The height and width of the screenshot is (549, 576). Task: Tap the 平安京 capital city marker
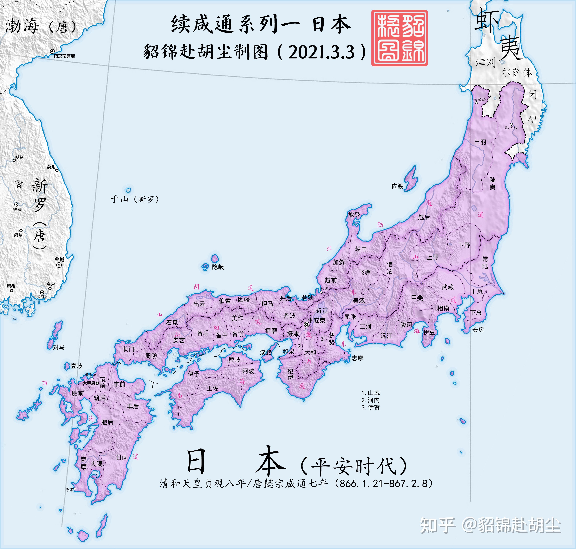[306, 324]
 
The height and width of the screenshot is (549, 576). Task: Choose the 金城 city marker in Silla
[59, 265]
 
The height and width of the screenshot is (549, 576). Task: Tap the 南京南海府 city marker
[52, 51]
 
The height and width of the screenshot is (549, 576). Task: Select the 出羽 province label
[480, 142]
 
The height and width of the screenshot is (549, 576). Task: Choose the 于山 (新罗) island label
[135, 199]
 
